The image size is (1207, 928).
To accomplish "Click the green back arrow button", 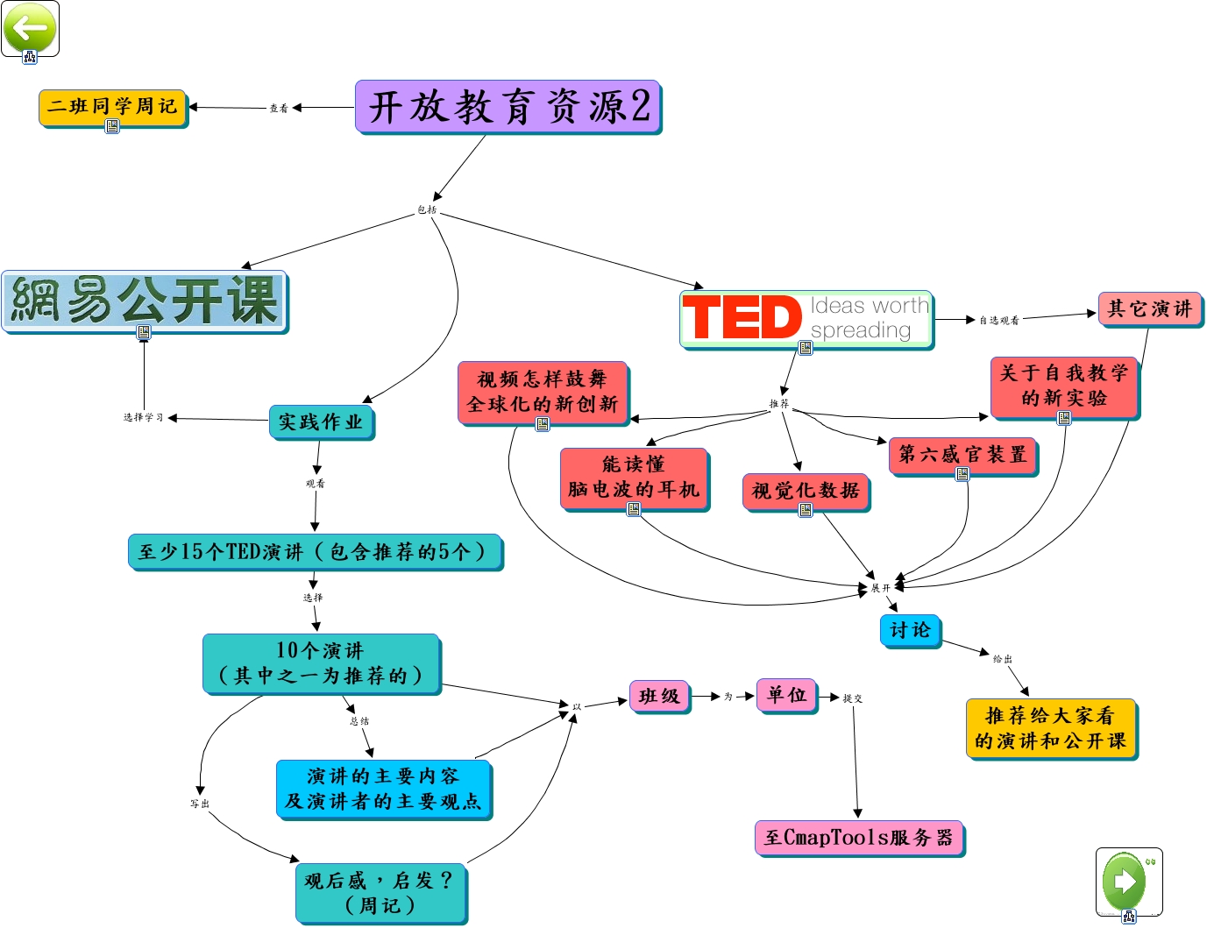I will point(30,27).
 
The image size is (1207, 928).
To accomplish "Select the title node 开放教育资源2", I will point(508,107).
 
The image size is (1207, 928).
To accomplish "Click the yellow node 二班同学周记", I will point(112,107).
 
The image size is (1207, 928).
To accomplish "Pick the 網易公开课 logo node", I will point(145,301).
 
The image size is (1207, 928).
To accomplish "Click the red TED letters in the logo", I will point(742,317).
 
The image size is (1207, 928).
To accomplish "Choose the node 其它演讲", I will point(1149,308).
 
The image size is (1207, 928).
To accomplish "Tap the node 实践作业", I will point(321,421).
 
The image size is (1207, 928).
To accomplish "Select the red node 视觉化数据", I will point(806,491).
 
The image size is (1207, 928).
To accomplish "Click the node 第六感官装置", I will point(962,455).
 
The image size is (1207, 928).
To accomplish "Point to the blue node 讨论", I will point(910,630).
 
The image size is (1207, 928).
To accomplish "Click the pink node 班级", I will point(659,696).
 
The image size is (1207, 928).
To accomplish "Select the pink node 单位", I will point(786,695).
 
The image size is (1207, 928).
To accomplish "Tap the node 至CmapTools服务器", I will point(858,837).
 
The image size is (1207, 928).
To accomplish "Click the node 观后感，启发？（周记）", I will point(380,892).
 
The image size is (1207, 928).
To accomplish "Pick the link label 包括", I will point(427,209).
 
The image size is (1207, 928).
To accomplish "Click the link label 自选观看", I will point(998,321).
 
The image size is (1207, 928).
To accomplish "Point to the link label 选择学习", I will point(143,418).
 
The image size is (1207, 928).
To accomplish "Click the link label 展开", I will point(880,588).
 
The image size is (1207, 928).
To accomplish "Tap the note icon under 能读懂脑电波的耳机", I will point(634,509).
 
